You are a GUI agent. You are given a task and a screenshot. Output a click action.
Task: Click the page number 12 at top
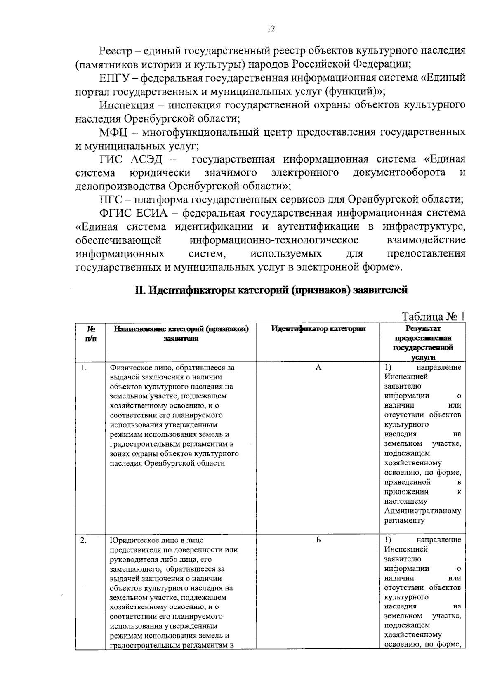click(x=271, y=28)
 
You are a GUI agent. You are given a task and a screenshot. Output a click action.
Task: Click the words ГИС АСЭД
click(x=131, y=159)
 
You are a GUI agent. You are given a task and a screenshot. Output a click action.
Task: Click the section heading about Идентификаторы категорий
click(x=271, y=290)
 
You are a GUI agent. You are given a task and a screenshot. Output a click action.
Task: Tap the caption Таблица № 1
click(x=433, y=316)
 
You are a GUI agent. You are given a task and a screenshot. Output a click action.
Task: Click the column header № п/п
click(x=90, y=334)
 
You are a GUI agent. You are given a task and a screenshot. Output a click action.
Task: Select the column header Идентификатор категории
click(x=318, y=329)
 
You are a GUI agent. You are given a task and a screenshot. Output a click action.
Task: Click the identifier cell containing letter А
click(x=318, y=367)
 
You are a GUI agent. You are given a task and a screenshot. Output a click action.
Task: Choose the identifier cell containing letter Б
click(x=318, y=540)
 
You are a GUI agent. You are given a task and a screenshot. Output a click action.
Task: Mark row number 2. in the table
click(x=83, y=540)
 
